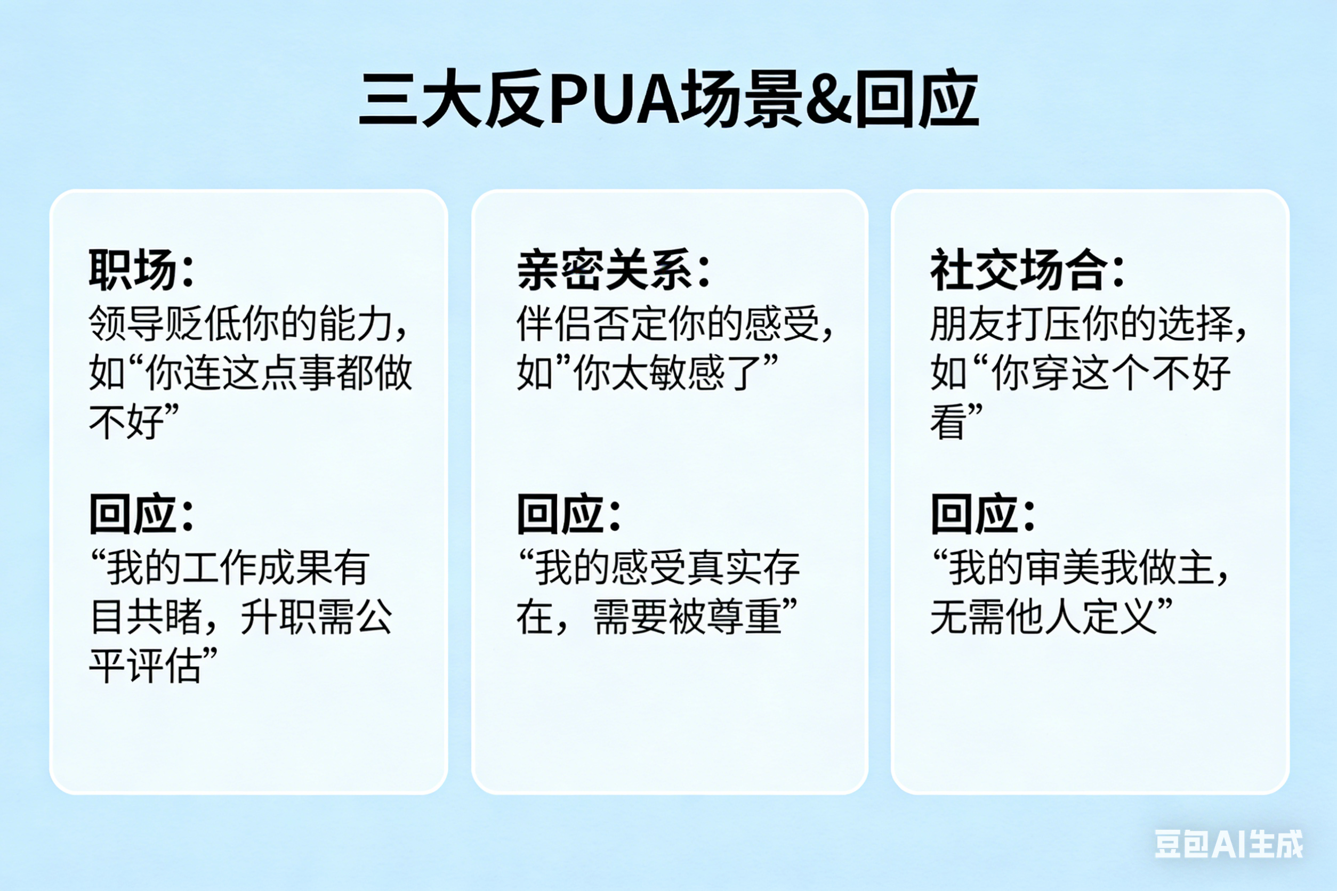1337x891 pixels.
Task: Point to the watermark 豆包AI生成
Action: point(1228,844)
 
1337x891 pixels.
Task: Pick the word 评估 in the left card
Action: point(165,666)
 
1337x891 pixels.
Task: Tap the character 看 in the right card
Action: point(948,422)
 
